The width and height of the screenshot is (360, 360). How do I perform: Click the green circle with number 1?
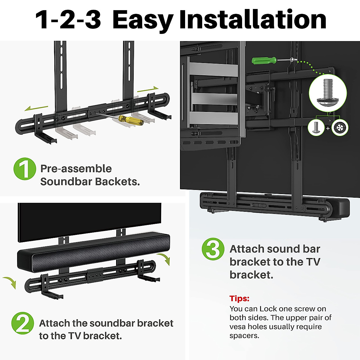25,169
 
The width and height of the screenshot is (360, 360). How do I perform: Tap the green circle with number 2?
22,323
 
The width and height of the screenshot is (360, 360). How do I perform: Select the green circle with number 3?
213,249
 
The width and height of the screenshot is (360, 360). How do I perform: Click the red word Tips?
239,298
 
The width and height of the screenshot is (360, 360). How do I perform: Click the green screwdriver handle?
264,61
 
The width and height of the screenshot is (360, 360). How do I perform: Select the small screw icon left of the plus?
316,127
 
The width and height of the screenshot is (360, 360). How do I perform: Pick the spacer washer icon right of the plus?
340,127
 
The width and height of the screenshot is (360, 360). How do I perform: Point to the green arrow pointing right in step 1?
148,89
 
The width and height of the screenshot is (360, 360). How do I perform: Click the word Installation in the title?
253,20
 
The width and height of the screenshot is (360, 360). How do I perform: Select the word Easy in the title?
142,20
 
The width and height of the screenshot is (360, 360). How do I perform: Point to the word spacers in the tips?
244,336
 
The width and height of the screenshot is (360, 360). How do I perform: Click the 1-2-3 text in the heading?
68,20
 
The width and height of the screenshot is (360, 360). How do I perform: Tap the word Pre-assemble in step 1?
76,169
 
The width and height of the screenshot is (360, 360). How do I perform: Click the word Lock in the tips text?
268,309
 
